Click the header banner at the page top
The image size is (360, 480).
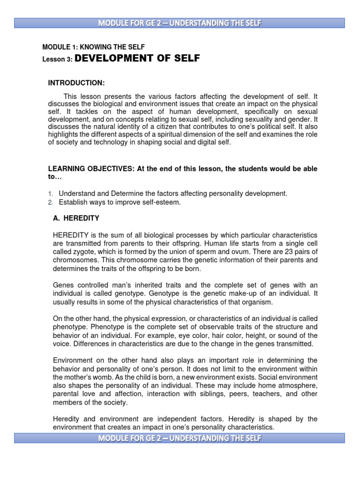tap(180, 23)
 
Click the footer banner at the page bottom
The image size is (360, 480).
tap(180, 438)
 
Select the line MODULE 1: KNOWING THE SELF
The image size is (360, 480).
tap(93, 47)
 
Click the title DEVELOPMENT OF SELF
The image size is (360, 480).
tap(137, 59)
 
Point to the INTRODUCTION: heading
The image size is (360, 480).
tap(76, 83)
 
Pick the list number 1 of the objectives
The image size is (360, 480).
tap(50, 193)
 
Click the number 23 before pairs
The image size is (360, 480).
tap(285, 252)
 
